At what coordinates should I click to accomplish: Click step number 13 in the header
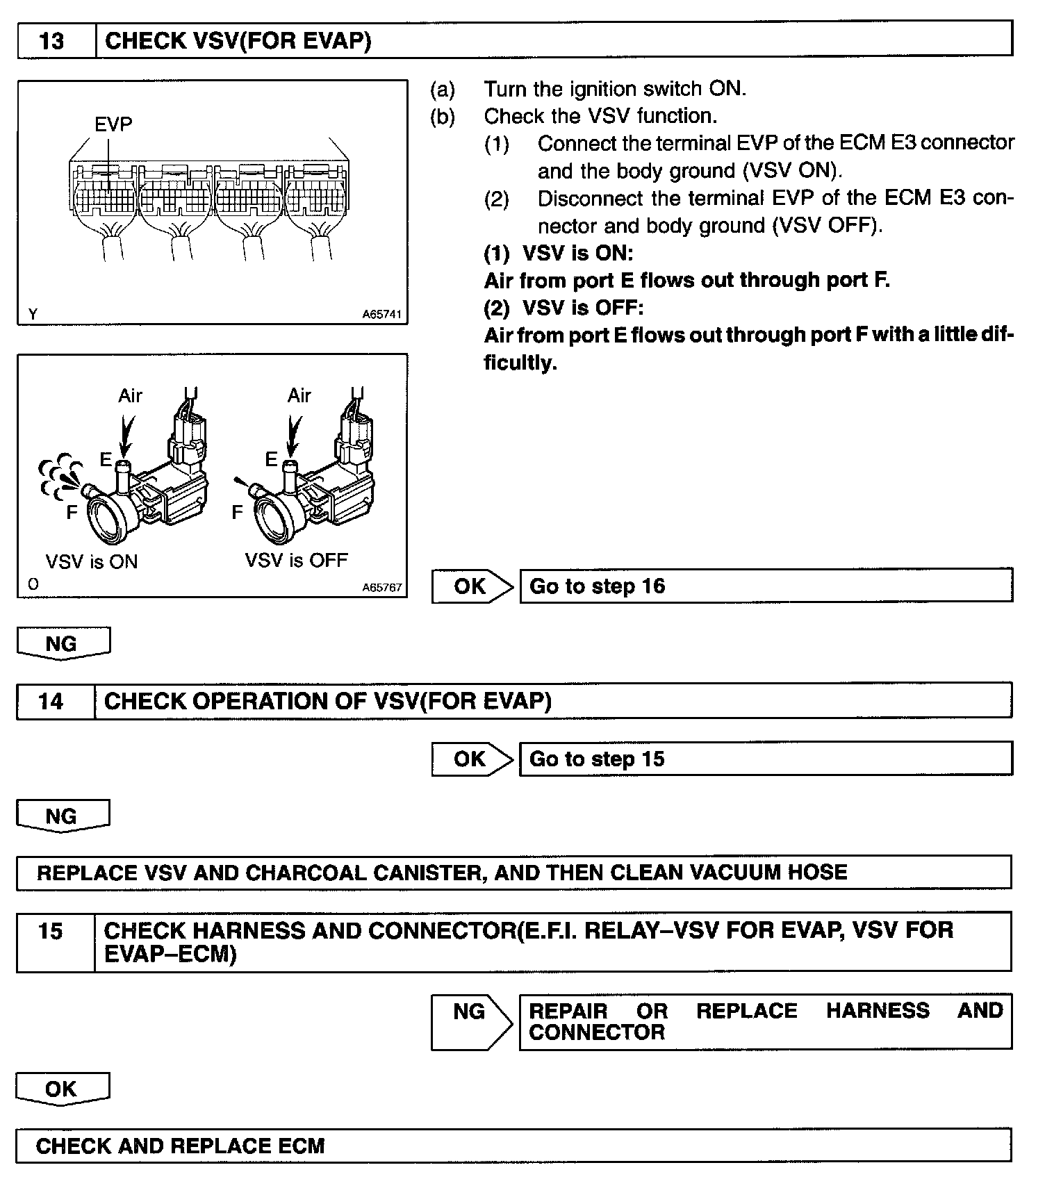coord(52,41)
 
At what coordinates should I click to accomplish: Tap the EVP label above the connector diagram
coord(113,124)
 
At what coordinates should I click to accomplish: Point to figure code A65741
coord(381,315)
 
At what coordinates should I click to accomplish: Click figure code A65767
coord(381,587)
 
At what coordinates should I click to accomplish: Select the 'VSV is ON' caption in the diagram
coord(92,561)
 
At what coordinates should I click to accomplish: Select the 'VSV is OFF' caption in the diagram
coord(296,560)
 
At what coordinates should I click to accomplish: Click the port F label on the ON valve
coord(72,513)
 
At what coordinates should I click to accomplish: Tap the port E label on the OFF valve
coord(271,459)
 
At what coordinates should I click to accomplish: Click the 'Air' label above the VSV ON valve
coord(130,396)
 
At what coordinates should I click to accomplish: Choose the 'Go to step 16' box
coord(765,586)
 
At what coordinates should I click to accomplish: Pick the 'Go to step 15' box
coord(765,759)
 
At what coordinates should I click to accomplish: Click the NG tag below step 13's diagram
coord(62,643)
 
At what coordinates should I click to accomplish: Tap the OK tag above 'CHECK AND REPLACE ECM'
coord(62,1089)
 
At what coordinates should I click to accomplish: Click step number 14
coord(51,701)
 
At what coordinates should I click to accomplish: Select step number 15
coord(51,931)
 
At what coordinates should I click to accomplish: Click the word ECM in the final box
coord(302,1146)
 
